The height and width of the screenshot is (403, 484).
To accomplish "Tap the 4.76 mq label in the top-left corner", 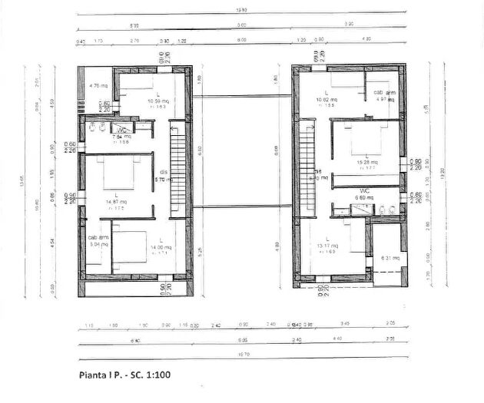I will pyautogui.click(x=97, y=86).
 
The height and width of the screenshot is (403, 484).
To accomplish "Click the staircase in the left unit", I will pyautogui.click(x=177, y=164).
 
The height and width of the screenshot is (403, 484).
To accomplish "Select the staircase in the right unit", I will pyautogui.click(x=307, y=164).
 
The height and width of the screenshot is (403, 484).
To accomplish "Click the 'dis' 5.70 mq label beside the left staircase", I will pyautogui.click(x=162, y=175).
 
